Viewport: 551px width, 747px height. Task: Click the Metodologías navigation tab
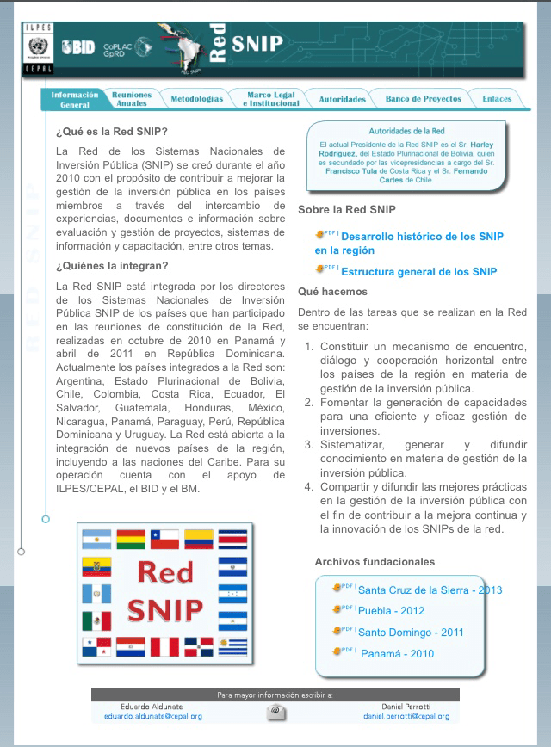click(196, 99)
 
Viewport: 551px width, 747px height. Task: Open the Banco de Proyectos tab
click(423, 99)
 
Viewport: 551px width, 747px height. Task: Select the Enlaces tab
click(497, 99)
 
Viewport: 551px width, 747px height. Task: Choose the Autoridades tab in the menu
click(342, 99)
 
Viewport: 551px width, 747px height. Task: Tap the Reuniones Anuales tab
click(132, 99)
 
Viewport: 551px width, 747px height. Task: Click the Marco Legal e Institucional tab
click(270, 99)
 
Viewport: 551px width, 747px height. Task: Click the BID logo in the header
click(77, 48)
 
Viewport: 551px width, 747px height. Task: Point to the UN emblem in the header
click(36, 48)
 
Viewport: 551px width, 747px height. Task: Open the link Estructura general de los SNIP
click(418, 272)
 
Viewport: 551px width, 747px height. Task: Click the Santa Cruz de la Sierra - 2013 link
click(429, 590)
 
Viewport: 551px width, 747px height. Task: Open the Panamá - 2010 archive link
click(397, 654)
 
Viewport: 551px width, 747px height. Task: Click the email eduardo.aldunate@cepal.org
click(153, 716)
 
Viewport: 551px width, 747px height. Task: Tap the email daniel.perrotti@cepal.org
click(406, 716)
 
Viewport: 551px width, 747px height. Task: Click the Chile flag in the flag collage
click(164, 540)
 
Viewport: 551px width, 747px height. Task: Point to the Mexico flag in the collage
click(96, 620)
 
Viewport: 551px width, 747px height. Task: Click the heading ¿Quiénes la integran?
click(112, 265)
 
